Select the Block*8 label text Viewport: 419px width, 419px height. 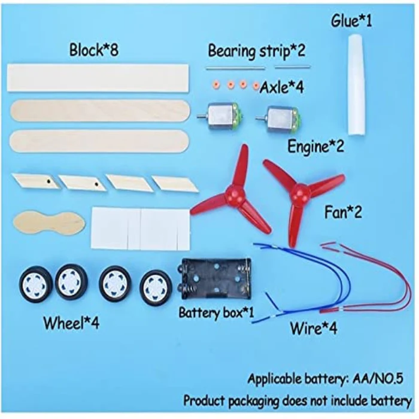tap(94, 50)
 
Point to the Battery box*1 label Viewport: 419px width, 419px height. tap(216, 312)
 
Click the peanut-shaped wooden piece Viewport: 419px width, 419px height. tap(49, 222)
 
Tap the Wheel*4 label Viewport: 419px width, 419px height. tap(71, 323)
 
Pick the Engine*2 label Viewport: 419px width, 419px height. tap(315, 147)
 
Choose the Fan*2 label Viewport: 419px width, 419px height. tap(343, 212)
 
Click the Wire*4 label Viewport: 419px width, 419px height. tap(314, 328)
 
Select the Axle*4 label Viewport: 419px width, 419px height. tap(282, 87)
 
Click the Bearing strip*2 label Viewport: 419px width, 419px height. tap(256, 51)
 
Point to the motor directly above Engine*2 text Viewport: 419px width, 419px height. tap(278, 119)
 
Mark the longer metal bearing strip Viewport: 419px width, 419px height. tap(235, 68)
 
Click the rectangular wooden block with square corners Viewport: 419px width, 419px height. tap(98, 78)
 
